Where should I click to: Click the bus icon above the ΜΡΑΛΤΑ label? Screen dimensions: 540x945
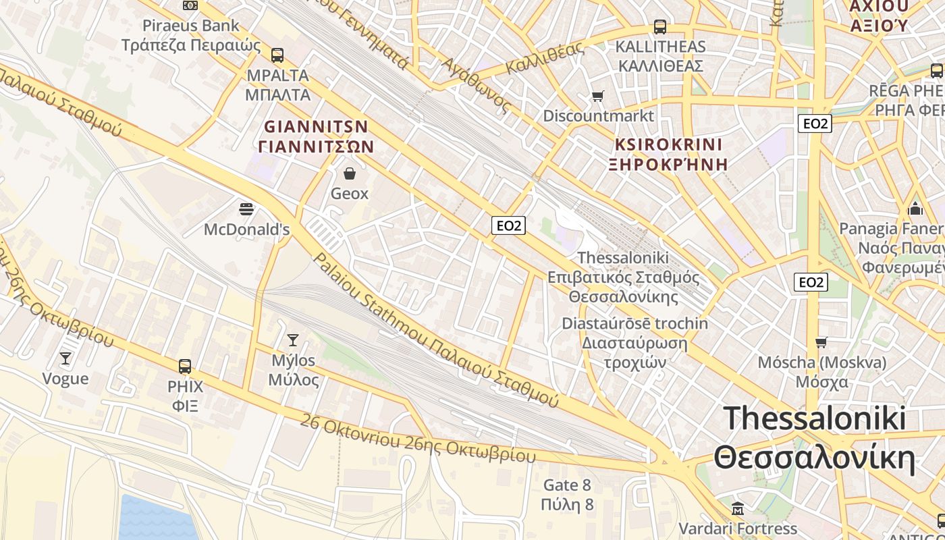click(277, 55)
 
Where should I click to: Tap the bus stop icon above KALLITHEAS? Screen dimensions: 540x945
click(660, 27)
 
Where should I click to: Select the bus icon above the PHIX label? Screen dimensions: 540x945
click(185, 367)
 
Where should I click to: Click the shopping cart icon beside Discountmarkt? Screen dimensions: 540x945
click(597, 96)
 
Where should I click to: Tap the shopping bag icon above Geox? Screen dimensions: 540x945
click(350, 174)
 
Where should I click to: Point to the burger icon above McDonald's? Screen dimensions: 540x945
click(246, 209)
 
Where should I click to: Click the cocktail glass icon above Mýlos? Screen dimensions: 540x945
click(293, 340)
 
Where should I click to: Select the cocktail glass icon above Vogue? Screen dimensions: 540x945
click(65, 358)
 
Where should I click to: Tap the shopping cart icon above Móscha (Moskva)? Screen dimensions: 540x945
click(821, 342)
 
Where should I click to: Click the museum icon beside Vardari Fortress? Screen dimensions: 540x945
click(738, 508)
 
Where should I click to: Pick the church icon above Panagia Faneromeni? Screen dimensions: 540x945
click(916, 208)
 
